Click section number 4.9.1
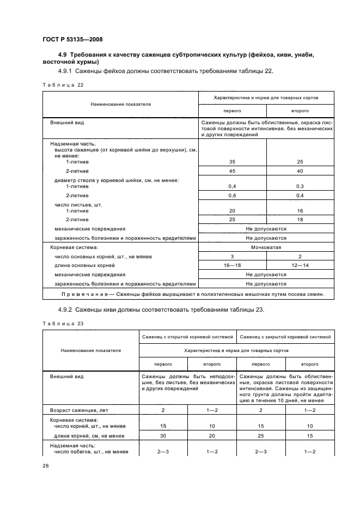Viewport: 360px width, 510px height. click(66, 71)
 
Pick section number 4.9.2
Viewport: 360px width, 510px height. click(66, 309)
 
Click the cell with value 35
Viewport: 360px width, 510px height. click(232, 162)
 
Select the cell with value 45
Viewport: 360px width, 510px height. click(232, 171)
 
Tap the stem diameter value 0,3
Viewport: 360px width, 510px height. click(299, 186)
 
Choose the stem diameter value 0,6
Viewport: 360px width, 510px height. click(232, 196)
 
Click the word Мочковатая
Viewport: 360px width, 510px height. click(266, 247)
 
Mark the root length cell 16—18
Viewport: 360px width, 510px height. click(232, 265)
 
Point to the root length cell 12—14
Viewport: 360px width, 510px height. click(299, 265)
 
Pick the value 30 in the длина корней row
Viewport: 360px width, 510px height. click(163, 435)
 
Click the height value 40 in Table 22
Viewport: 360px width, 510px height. click(299, 171)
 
